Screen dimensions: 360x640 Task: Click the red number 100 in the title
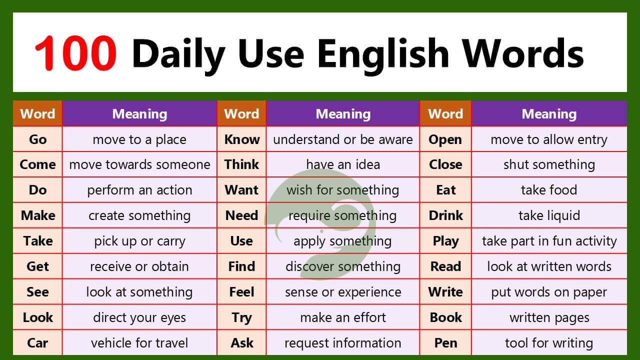coord(75,53)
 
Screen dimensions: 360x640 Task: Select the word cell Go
coord(37,139)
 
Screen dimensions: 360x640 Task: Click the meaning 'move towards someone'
coord(139,164)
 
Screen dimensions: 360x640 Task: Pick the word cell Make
coord(37,215)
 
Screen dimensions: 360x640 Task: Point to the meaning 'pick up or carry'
coord(139,241)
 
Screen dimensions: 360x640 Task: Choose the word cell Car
coord(37,343)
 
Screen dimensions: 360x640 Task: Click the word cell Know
coord(242,139)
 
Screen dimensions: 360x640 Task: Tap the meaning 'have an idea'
coord(343,164)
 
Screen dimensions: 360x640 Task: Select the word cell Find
coord(242,266)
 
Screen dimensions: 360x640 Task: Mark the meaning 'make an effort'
coord(343,317)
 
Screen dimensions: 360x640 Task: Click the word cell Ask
coord(242,343)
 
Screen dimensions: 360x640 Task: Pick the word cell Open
coord(445,139)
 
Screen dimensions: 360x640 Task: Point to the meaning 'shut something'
coord(549,164)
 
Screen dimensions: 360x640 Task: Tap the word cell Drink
coord(445,215)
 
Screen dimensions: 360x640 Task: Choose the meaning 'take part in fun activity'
coord(549,241)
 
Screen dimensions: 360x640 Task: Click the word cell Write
coord(445,292)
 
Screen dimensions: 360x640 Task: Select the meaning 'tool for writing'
coord(549,343)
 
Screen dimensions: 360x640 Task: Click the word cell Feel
coord(242,292)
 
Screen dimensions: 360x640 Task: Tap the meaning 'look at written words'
coord(549,266)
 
